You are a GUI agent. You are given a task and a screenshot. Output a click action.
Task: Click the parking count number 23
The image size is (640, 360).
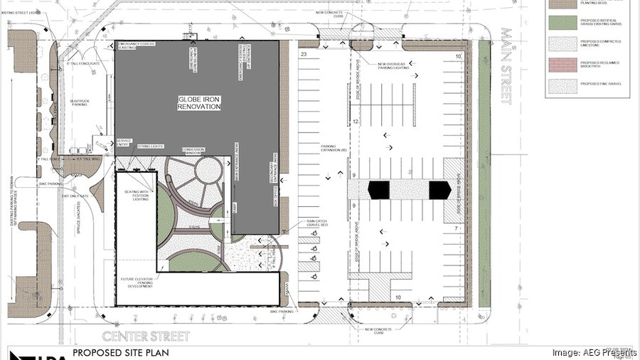[x=304, y=54]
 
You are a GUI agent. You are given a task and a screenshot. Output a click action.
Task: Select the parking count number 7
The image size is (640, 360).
[x=454, y=230]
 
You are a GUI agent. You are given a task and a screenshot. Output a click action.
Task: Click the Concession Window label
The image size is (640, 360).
[x=193, y=151]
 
